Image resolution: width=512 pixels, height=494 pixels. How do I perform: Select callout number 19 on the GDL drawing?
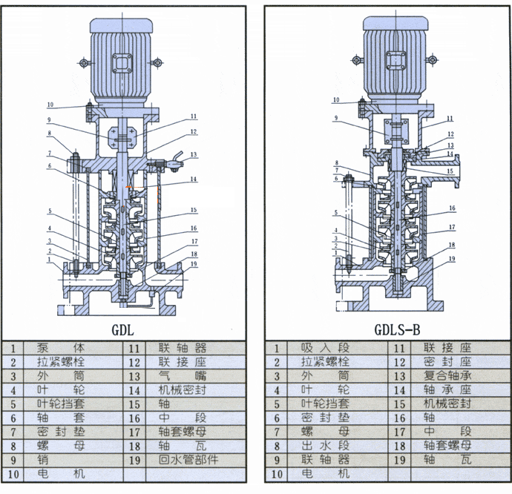tap(193, 264)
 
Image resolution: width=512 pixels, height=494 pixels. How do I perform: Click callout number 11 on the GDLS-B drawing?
tap(450, 118)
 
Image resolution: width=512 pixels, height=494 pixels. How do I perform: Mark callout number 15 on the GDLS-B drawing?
tap(450, 171)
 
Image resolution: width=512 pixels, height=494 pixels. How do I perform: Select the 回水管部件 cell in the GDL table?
tap(188, 459)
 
